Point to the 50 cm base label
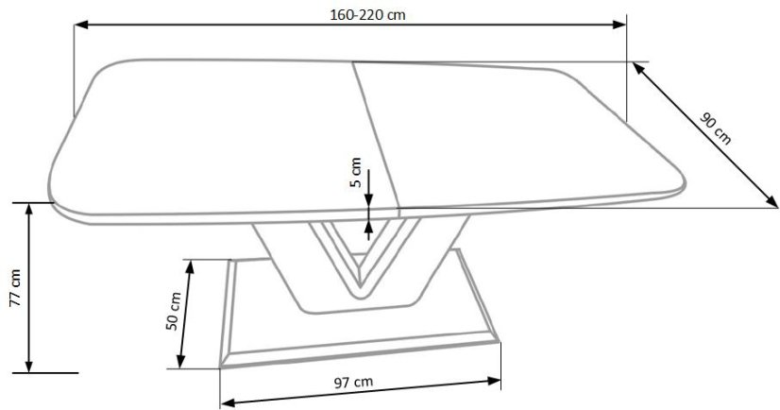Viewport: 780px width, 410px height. tap(172, 310)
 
